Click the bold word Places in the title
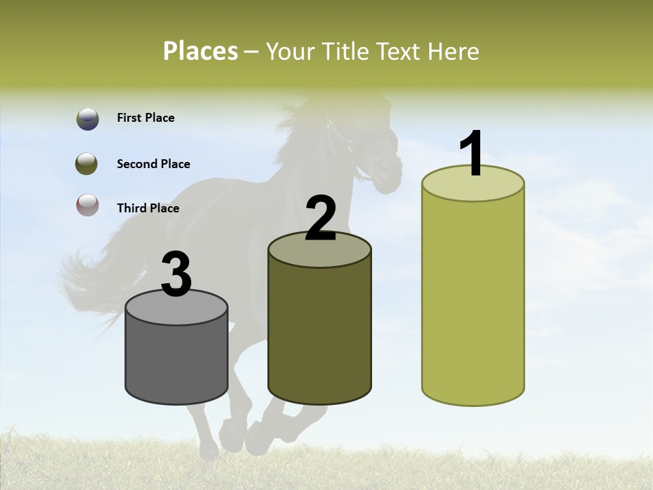point(201,51)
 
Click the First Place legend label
point(146,118)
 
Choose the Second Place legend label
point(153,164)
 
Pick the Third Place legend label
point(148,208)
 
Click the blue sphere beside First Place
point(87,119)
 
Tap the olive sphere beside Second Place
point(87,164)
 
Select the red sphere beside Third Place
point(87,205)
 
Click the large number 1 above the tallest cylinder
point(472,153)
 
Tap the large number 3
point(177,274)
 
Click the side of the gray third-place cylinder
point(177,361)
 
